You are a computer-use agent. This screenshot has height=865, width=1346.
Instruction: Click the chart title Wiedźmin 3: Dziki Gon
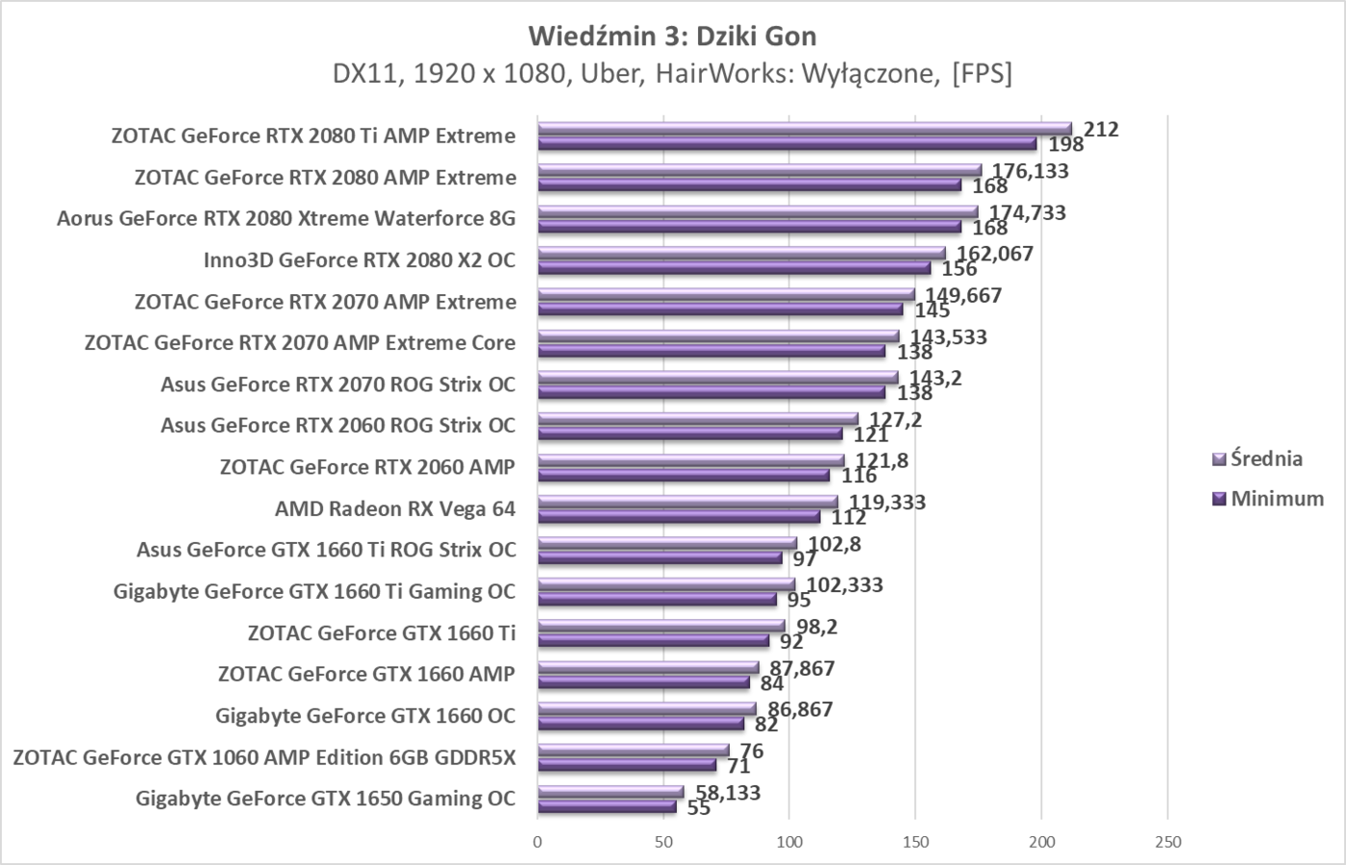673,37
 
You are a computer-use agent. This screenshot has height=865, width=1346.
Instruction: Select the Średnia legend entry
1266,458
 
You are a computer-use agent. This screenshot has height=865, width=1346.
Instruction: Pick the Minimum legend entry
1277,499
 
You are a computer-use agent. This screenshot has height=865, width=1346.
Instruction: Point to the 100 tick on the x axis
789,843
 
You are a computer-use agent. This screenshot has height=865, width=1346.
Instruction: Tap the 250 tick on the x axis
1167,843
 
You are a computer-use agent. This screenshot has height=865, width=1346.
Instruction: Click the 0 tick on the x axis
537,843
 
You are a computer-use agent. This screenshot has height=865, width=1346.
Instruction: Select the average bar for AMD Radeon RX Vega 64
687,502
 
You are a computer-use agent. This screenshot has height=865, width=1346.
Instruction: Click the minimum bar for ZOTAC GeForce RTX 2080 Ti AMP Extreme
786,144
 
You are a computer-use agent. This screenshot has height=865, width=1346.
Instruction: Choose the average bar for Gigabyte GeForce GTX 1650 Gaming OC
611,792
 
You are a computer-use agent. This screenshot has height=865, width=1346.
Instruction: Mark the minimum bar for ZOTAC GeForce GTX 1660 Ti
653,641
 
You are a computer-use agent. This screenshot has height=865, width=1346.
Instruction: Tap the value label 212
1101,129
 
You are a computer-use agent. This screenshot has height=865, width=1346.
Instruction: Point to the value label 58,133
727,793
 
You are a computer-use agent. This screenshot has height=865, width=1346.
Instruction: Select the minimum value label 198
1066,145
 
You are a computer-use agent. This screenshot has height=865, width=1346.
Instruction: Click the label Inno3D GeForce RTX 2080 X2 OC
359,260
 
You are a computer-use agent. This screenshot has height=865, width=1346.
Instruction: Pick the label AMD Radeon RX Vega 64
395,508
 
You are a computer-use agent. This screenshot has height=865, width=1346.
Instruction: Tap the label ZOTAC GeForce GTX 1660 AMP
366,674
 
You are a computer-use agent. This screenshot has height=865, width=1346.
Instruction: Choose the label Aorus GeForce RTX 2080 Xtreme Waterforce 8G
286,219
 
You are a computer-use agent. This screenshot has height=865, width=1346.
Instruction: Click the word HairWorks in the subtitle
704,74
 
